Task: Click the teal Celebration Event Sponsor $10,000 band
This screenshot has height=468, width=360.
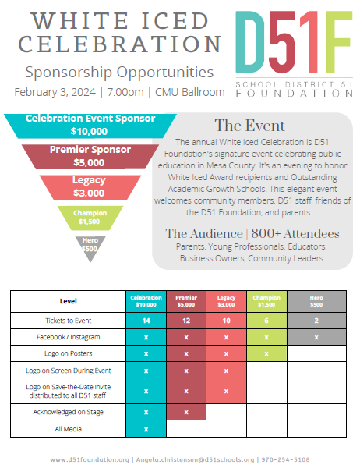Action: click(x=90, y=126)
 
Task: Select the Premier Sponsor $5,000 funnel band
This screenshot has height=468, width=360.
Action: click(x=90, y=157)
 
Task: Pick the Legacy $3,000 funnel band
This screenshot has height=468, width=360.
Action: click(x=90, y=187)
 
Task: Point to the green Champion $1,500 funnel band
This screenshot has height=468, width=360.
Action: click(x=90, y=218)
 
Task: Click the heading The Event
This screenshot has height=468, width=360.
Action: click(x=249, y=126)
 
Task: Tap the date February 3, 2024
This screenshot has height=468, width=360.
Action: click(x=55, y=92)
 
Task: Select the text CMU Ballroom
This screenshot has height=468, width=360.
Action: click(x=189, y=92)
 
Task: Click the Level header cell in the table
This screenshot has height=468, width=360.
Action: click(x=69, y=301)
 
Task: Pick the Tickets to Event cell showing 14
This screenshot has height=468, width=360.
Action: click(x=146, y=321)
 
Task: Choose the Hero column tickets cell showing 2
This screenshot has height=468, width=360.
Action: click(x=316, y=321)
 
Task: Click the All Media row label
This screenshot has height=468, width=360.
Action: click(x=69, y=429)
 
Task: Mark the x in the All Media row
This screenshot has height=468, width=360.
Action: click(x=146, y=429)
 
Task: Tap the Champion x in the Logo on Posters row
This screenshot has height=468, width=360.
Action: click(x=266, y=353)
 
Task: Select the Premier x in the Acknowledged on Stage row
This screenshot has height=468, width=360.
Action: click(x=186, y=412)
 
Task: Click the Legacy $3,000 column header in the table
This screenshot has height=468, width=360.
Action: click(x=227, y=301)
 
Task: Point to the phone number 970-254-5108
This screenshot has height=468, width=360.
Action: click(x=285, y=459)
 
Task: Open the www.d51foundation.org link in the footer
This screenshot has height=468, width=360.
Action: click(x=90, y=459)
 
